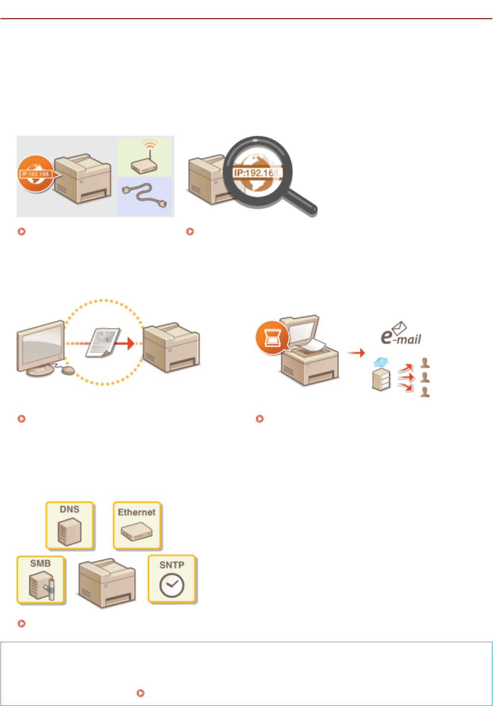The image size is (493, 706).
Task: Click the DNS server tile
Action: [70, 525]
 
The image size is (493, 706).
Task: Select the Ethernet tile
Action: [137, 525]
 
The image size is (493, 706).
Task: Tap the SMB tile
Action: [41, 580]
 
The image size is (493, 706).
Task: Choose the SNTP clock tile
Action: [172, 579]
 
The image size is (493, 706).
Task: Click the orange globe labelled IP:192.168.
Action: [35, 173]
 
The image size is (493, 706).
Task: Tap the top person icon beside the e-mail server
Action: [425, 363]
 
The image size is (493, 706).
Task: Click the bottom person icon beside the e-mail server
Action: [425, 391]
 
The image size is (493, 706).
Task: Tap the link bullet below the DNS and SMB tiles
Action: [22, 624]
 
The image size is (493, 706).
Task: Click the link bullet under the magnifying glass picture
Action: [190, 231]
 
